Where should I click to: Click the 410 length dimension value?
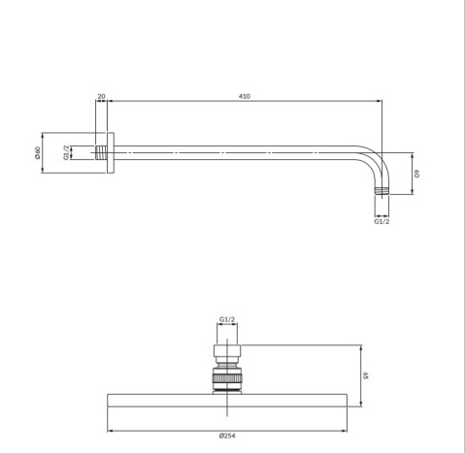[x=245, y=96]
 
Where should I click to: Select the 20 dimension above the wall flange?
[x=101, y=96]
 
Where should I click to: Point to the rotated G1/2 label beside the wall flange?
[x=66, y=152]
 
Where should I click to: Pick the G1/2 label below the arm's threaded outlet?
[x=383, y=221]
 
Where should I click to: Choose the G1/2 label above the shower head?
[x=227, y=318]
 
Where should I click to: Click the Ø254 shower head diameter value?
[x=227, y=435]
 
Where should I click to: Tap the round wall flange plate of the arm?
[x=114, y=152]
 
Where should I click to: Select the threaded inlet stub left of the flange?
[x=102, y=152]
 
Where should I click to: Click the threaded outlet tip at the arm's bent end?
[x=383, y=189]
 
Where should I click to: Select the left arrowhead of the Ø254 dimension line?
[x=109, y=428]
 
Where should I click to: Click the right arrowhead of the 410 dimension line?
[x=381, y=102]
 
